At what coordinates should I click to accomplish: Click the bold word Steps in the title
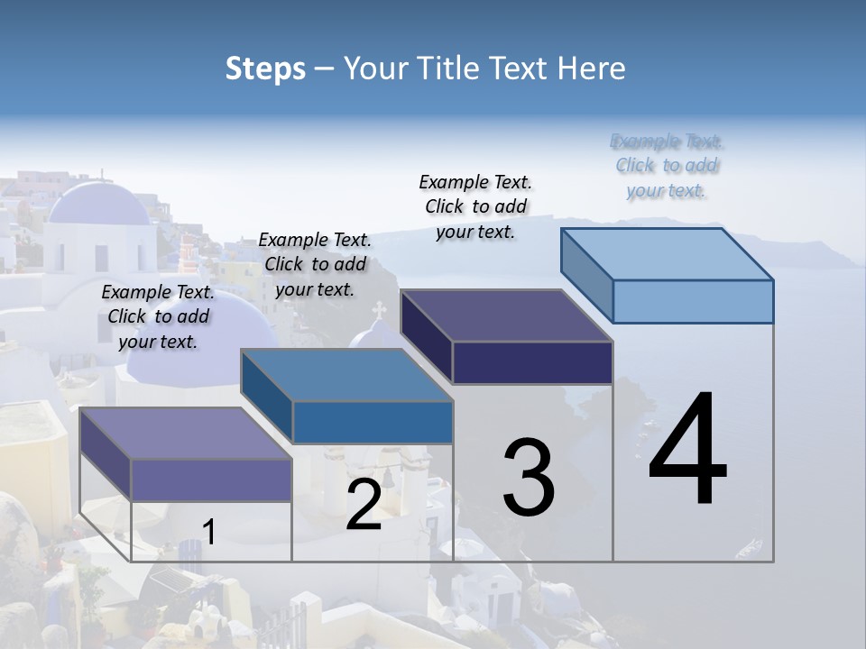pyautogui.click(x=265, y=69)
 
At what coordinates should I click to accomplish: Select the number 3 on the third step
pyautogui.click(x=529, y=477)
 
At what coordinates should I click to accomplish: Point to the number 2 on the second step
pyautogui.click(x=364, y=505)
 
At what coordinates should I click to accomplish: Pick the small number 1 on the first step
pyautogui.click(x=209, y=532)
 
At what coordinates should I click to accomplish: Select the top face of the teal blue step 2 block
pyautogui.click(x=346, y=375)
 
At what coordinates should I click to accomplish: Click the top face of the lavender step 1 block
pyautogui.click(x=186, y=434)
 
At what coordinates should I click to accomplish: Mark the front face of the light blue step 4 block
pyautogui.click(x=693, y=301)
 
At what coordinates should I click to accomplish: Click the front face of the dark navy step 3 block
pyautogui.click(x=532, y=362)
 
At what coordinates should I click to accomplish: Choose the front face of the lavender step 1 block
pyautogui.click(x=211, y=480)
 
